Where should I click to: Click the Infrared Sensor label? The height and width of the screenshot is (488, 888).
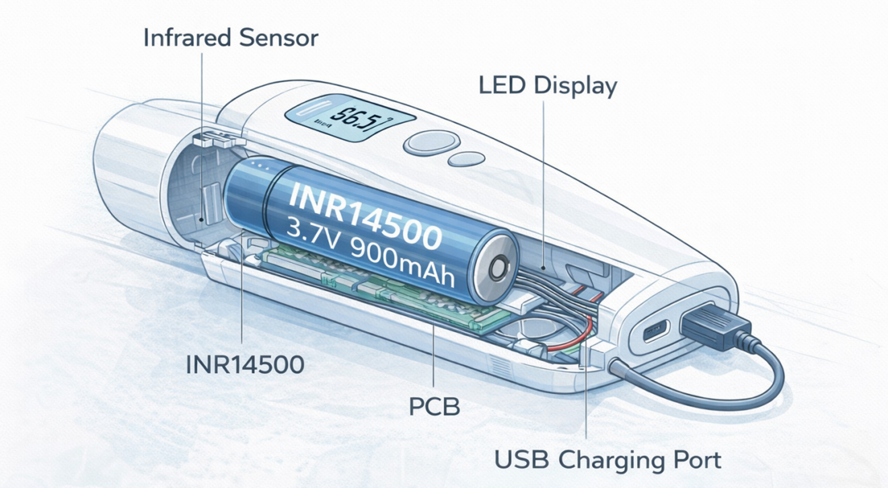pyautogui.click(x=230, y=38)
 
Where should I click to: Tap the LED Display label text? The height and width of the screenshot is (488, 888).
pyautogui.click(x=547, y=86)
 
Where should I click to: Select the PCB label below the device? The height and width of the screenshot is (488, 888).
pyautogui.click(x=434, y=406)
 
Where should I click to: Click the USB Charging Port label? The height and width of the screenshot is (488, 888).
pyautogui.click(x=607, y=460)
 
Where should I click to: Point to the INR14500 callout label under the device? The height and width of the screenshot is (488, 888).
pyautogui.click(x=245, y=365)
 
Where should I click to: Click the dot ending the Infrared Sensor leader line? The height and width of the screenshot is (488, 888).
pyautogui.click(x=202, y=219)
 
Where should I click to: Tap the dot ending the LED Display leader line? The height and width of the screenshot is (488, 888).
pyautogui.click(x=543, y=268)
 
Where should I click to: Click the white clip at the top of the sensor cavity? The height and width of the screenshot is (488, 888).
pyautogui.click(x=213, y=139)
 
